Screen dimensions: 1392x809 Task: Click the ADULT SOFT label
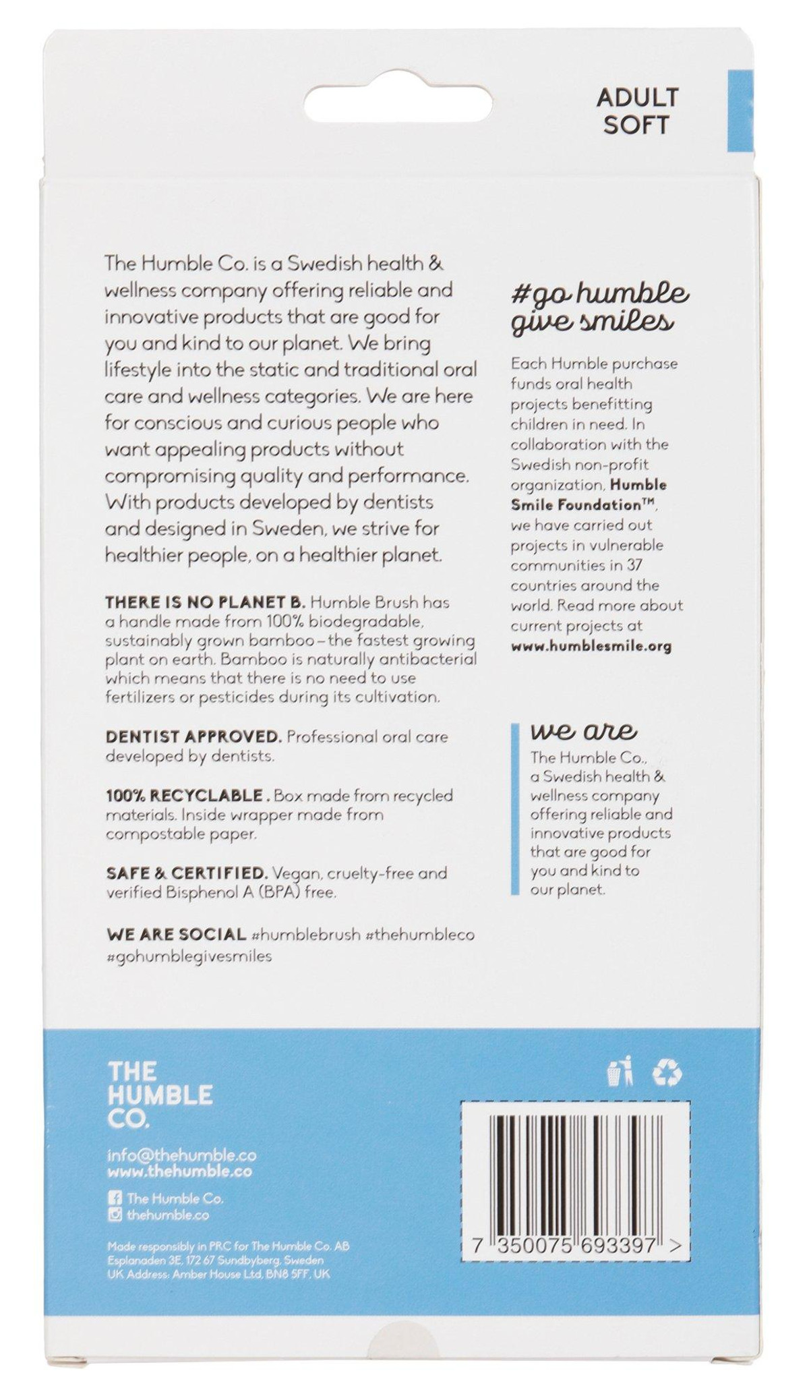[636, 111]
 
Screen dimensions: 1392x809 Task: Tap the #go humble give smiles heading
[599, 308]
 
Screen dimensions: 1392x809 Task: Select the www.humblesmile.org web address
[591, 646]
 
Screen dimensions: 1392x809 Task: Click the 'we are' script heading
[583, 731]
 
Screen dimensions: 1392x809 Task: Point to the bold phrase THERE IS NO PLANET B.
[206, 602]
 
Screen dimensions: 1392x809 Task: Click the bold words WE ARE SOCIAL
[176, 935]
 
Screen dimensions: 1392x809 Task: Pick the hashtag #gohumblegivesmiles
[189, 956]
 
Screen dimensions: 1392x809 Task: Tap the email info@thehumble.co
[182, 1155]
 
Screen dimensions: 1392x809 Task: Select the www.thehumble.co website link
[179, 1171]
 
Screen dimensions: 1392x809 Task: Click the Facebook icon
[115, 1198]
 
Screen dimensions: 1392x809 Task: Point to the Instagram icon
[115, 1215]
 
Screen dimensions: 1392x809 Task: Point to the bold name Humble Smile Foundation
[589, 494]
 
